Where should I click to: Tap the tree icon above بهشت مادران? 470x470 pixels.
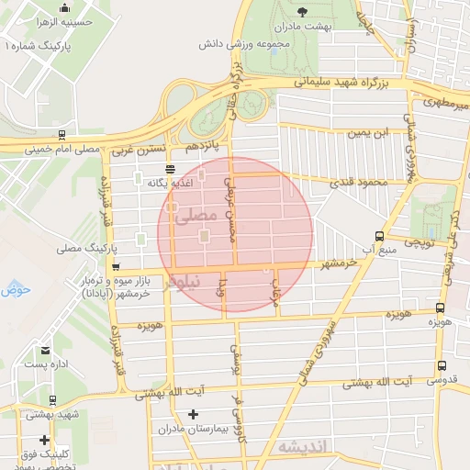(x=303, y=11)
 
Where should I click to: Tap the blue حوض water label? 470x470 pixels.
(x=17, y=290)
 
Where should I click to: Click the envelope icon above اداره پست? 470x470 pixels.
(x=45, y=350)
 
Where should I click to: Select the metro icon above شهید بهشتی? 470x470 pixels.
(x=52, y=400)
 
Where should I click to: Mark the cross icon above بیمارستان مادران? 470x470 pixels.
(x=192, y=414)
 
